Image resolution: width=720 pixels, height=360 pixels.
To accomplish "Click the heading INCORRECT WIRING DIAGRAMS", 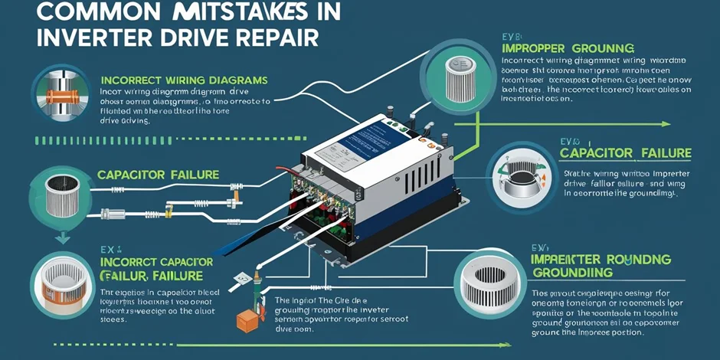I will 183,80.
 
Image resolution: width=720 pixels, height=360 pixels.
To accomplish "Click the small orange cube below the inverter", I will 247,322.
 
